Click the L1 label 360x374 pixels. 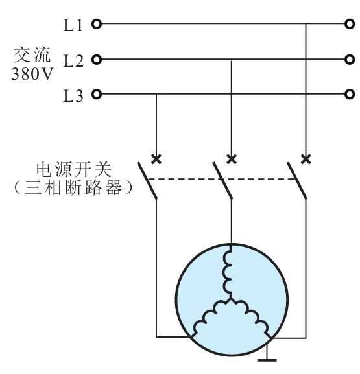(73, 25)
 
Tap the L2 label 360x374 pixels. (73, 60)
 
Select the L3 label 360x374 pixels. (73, 96)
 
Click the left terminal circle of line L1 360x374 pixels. (97, 24)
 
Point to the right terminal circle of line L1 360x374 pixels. (350, 24)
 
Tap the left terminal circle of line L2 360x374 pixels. (97, 60)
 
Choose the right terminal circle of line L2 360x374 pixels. (350, 60)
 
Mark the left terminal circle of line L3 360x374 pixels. (97, 95)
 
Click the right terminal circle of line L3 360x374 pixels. (350, 95)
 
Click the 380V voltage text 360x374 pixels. (32, 74)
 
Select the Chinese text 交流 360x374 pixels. (32, 55)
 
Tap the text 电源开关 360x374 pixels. (74, 170)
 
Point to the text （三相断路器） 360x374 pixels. (73, 187)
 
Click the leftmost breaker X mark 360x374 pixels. (156, 159)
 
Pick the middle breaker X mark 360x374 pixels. (232, 159)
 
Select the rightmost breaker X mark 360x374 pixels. (306, 159)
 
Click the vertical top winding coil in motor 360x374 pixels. (227, 272)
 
